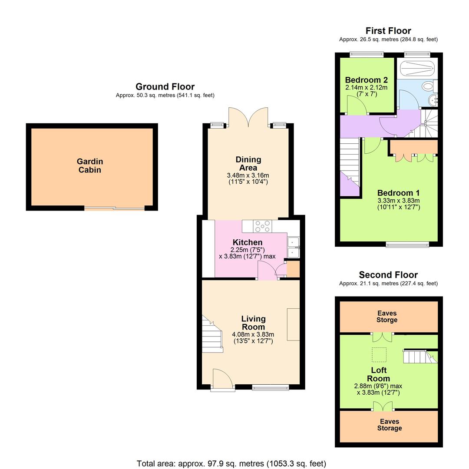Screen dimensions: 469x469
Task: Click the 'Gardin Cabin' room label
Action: point(89,166)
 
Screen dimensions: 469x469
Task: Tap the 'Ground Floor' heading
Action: point(165,86)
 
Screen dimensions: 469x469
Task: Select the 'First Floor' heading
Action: point(388,30)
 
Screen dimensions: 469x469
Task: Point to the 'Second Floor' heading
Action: point(388,275)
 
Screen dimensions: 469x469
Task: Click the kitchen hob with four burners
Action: point(263,226)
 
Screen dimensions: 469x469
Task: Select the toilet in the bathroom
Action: point(429,86)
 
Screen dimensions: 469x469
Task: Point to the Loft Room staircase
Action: point(419,357)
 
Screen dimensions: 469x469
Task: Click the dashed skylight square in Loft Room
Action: point(379,354)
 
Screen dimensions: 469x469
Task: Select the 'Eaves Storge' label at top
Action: point(387,317)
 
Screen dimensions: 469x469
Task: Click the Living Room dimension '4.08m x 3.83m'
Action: point(253,334)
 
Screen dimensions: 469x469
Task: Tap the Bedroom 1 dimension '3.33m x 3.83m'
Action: point(399,201)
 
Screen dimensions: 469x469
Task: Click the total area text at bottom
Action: point(231,463)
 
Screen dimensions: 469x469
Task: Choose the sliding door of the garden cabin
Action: point(115,209)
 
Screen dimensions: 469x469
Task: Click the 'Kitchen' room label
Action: point(248,242)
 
